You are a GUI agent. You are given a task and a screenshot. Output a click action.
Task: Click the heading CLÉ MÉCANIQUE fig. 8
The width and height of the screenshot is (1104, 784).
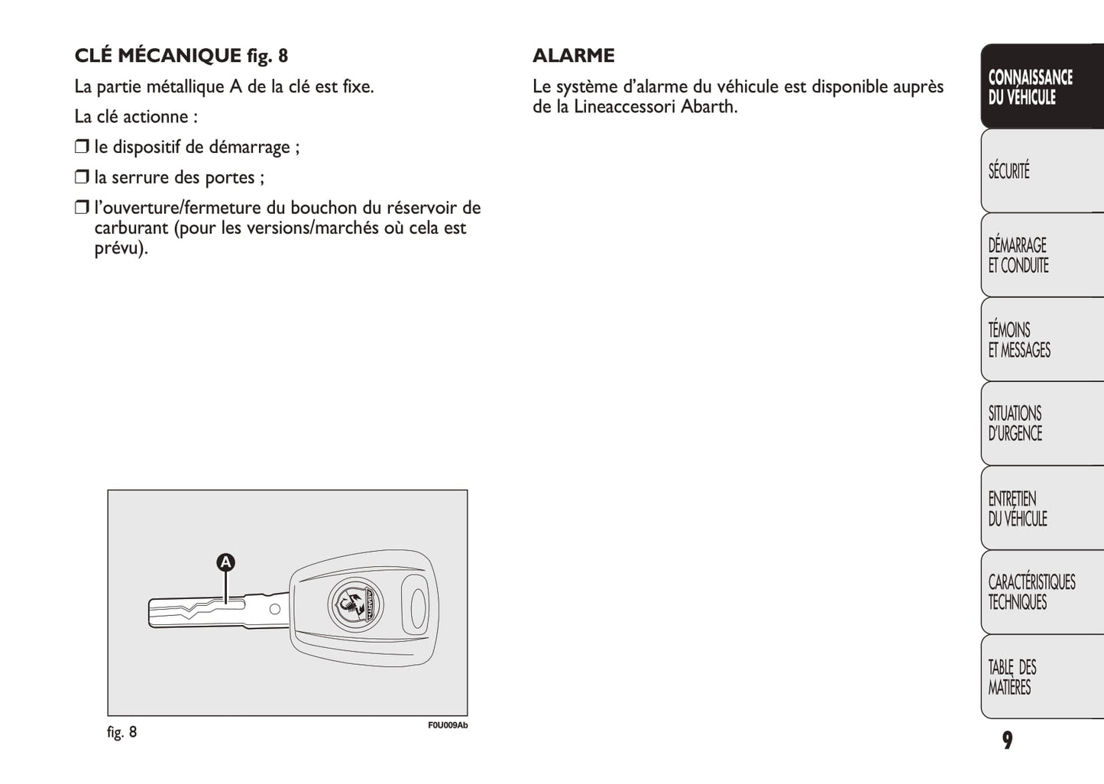pyautogui.click(x=181, y=56)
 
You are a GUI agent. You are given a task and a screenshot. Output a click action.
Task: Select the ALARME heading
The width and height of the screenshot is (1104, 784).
pyautogui.click(x=573, y=56)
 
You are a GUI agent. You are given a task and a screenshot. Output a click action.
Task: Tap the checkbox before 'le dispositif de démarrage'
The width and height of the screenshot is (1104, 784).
pyautogui.click(x=82, y=147)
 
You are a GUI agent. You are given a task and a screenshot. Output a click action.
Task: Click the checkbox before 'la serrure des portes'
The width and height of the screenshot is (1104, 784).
pyautogui.click(x=82, y=177)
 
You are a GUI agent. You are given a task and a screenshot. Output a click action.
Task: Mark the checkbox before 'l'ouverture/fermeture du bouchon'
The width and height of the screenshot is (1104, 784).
pyautogui.click(x=82, y=208)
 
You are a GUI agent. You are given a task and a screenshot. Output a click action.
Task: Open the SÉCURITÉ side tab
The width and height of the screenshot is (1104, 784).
pyautogui.click(x=1041, y=170)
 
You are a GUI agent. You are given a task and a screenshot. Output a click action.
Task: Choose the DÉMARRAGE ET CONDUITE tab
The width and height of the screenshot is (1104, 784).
pyautogui.click(x=1041, y=255)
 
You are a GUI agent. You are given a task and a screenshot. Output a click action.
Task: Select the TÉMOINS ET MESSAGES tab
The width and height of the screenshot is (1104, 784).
pyautogui.click(x=1041, y=340)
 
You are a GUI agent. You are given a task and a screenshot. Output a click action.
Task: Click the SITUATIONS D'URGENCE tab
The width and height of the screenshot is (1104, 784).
pyautogui.click(x=1041, y=423)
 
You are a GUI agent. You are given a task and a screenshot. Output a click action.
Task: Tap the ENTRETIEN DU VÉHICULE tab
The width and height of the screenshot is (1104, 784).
pyautogui.click(x=1041, y=508)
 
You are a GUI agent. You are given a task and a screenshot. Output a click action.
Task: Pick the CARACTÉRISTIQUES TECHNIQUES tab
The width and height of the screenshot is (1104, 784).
pyautogui.click(x=1041, y=592)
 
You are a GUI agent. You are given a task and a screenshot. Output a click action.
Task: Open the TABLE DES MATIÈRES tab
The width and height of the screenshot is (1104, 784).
pyautogui.click(x=1041, y=677)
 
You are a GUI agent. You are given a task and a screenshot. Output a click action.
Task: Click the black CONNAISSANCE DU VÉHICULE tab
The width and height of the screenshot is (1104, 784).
pyautogui.click(x=1041, y=86)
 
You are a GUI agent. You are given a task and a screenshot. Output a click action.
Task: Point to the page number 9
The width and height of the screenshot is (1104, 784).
pyautogui.click(x=1007, y=740)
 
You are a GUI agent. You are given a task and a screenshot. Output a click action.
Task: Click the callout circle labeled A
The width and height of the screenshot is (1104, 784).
pyautogui.click(x=225, y=563)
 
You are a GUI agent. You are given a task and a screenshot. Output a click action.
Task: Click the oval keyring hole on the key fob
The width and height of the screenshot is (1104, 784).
pyautogui.click(x=418, y=609)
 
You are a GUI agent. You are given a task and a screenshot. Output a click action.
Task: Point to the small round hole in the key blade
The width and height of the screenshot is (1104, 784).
pyautogui.click(x=274, y=609)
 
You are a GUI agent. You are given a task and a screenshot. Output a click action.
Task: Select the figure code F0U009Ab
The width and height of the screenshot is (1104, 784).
pyautogui.click(x=448, y=725)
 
